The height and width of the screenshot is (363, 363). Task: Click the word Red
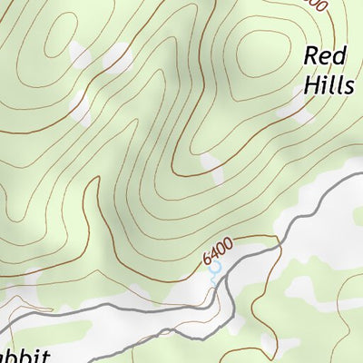click(x=325, y=56)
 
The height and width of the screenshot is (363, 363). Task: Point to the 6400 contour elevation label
click(x=219, y=253)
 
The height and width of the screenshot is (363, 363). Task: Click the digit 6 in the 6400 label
click(x=209, y=261)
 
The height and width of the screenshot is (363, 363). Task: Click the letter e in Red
click(x=326, y=56)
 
